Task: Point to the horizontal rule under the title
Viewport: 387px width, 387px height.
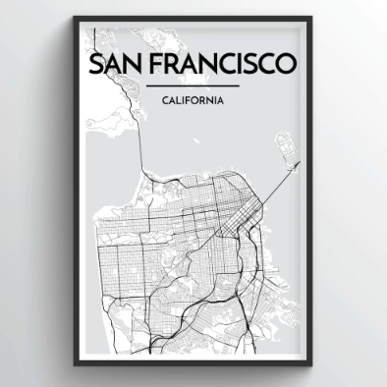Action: pos(193,86)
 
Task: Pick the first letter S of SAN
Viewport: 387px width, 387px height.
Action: pos(94,64)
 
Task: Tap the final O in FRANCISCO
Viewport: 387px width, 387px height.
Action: pos(286,64)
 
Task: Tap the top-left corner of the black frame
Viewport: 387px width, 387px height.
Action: pos(76,20)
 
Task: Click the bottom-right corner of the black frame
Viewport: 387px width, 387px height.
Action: pos(311,364)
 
